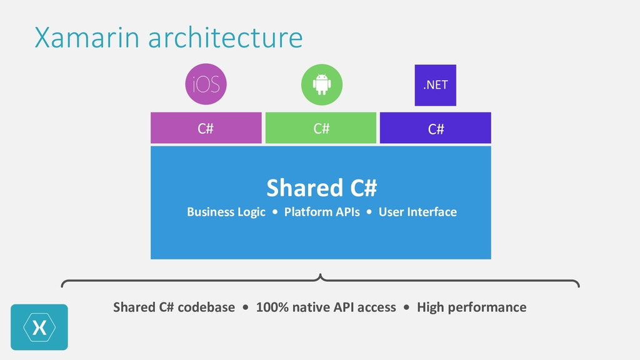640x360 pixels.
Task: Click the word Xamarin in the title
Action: [x=87, y=37]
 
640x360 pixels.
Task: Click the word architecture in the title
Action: [x=226, y=37]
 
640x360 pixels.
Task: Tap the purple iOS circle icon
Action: [x=206, y=84]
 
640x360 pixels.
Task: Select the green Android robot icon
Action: [x=322, y=84]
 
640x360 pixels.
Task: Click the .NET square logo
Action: [x=436, y=85]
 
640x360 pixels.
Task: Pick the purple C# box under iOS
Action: [x=206, y=128]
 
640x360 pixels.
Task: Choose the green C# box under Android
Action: [x=321, y=128]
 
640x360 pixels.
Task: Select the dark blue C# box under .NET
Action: [x=436, y=128]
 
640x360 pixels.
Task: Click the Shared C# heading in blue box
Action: [x=321, y=187]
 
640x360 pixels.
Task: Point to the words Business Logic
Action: [x=226, y=212]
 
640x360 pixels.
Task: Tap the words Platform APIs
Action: [x=322, y=212]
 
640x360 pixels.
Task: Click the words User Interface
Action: [x=417, y=212]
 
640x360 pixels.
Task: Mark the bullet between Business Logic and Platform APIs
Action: [x=275, y=212]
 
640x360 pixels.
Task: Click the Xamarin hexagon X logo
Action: [x=39, y=327]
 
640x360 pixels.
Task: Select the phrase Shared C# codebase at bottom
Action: [x=174, y=307]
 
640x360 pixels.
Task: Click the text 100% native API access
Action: [x=326, y=307]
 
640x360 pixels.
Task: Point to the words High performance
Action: [x=471, y=307]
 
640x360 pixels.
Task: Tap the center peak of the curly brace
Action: [x=321, y=276]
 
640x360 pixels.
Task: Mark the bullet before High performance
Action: [x=406, y=307]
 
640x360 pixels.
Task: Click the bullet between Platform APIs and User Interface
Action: [x=369, y=212]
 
